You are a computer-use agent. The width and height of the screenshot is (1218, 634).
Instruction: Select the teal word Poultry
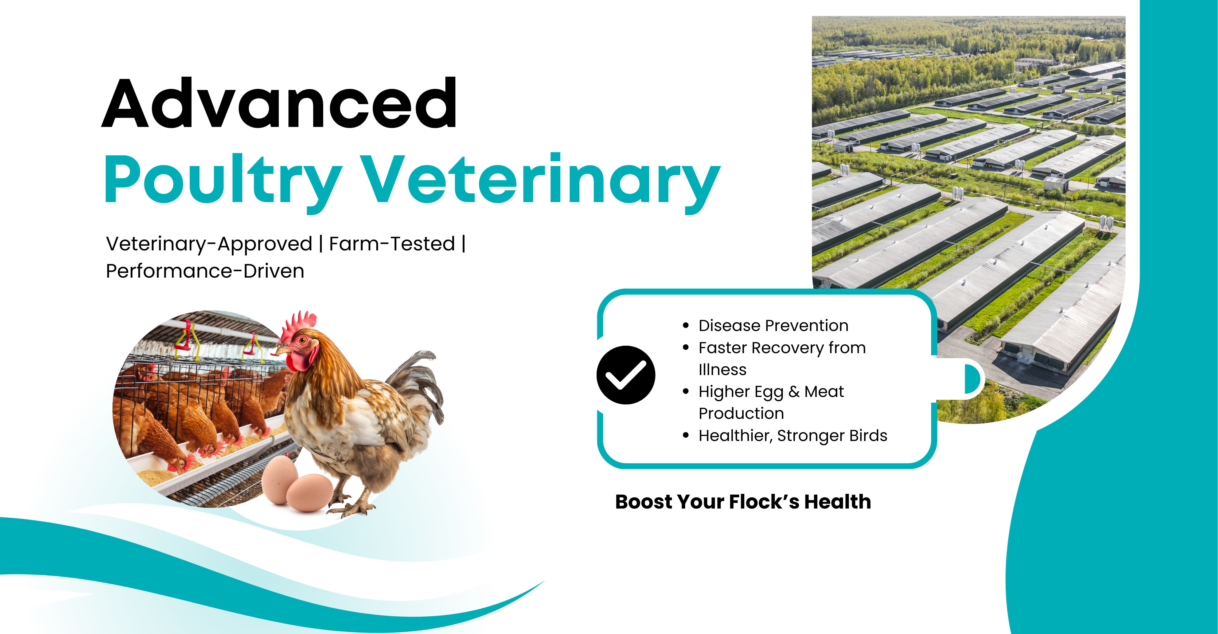(x=223, y=182)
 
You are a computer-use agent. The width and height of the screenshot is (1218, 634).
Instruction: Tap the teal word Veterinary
(x=540, y=182)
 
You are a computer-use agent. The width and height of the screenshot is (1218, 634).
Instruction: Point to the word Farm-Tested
(x=392, y=244)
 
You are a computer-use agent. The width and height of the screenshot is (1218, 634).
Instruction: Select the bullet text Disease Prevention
(x=774, y=325)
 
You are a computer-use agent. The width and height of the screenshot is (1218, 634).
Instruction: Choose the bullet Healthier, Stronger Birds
(x=793, y=436)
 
